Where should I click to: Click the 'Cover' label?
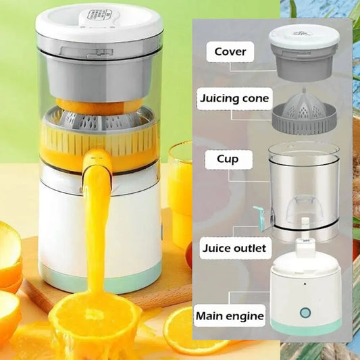230,51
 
